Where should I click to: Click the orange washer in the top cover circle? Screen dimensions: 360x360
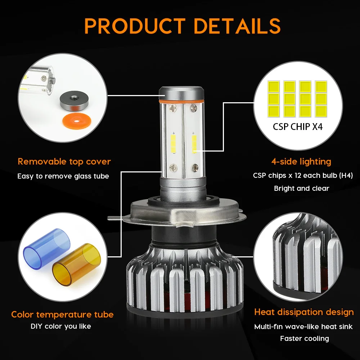77,120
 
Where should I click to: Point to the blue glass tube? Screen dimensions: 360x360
47,248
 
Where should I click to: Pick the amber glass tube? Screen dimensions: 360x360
76,265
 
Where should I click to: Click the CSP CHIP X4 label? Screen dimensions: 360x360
298,126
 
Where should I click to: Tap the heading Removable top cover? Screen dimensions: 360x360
64,162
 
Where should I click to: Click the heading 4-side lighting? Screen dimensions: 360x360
301,162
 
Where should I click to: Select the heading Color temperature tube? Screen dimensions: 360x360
62,314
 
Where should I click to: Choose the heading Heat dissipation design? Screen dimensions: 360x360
304,312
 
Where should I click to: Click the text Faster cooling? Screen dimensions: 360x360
305,338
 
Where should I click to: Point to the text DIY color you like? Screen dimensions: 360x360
61,326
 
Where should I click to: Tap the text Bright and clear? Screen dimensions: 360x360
301,188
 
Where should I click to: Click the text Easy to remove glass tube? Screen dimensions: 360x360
63,176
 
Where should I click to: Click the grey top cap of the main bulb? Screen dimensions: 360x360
181,93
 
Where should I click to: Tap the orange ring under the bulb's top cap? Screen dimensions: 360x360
181,101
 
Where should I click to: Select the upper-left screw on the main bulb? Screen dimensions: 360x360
172,107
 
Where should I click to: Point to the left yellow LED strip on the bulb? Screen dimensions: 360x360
173,144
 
